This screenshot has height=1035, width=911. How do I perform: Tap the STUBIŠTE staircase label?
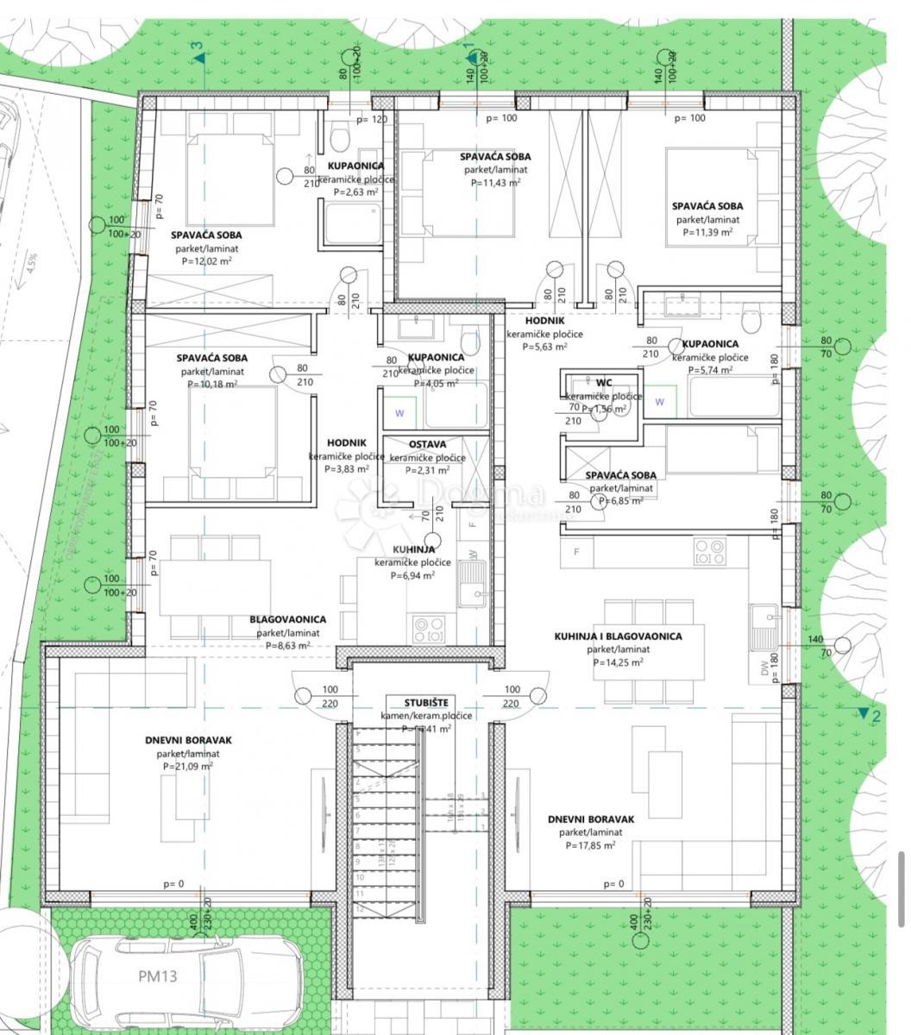point(427,703)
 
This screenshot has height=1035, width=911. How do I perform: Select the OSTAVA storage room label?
point(426,444)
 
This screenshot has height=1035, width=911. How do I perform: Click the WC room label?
point(603,382)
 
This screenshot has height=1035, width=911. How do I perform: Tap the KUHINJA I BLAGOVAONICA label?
point(617,637)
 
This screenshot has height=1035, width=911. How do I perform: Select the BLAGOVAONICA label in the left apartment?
point(287,619)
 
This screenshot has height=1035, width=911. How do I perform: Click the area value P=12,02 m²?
point(205,261)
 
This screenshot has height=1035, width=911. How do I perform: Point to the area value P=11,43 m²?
point(494,183)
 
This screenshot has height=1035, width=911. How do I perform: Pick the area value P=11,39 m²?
point(707,232)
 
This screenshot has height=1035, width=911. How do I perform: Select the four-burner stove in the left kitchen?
point(429,628)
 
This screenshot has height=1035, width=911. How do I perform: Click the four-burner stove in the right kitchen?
point(710,552)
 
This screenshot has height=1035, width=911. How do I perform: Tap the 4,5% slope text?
point(32,262)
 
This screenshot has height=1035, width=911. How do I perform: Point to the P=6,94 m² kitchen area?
point(412,575)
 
